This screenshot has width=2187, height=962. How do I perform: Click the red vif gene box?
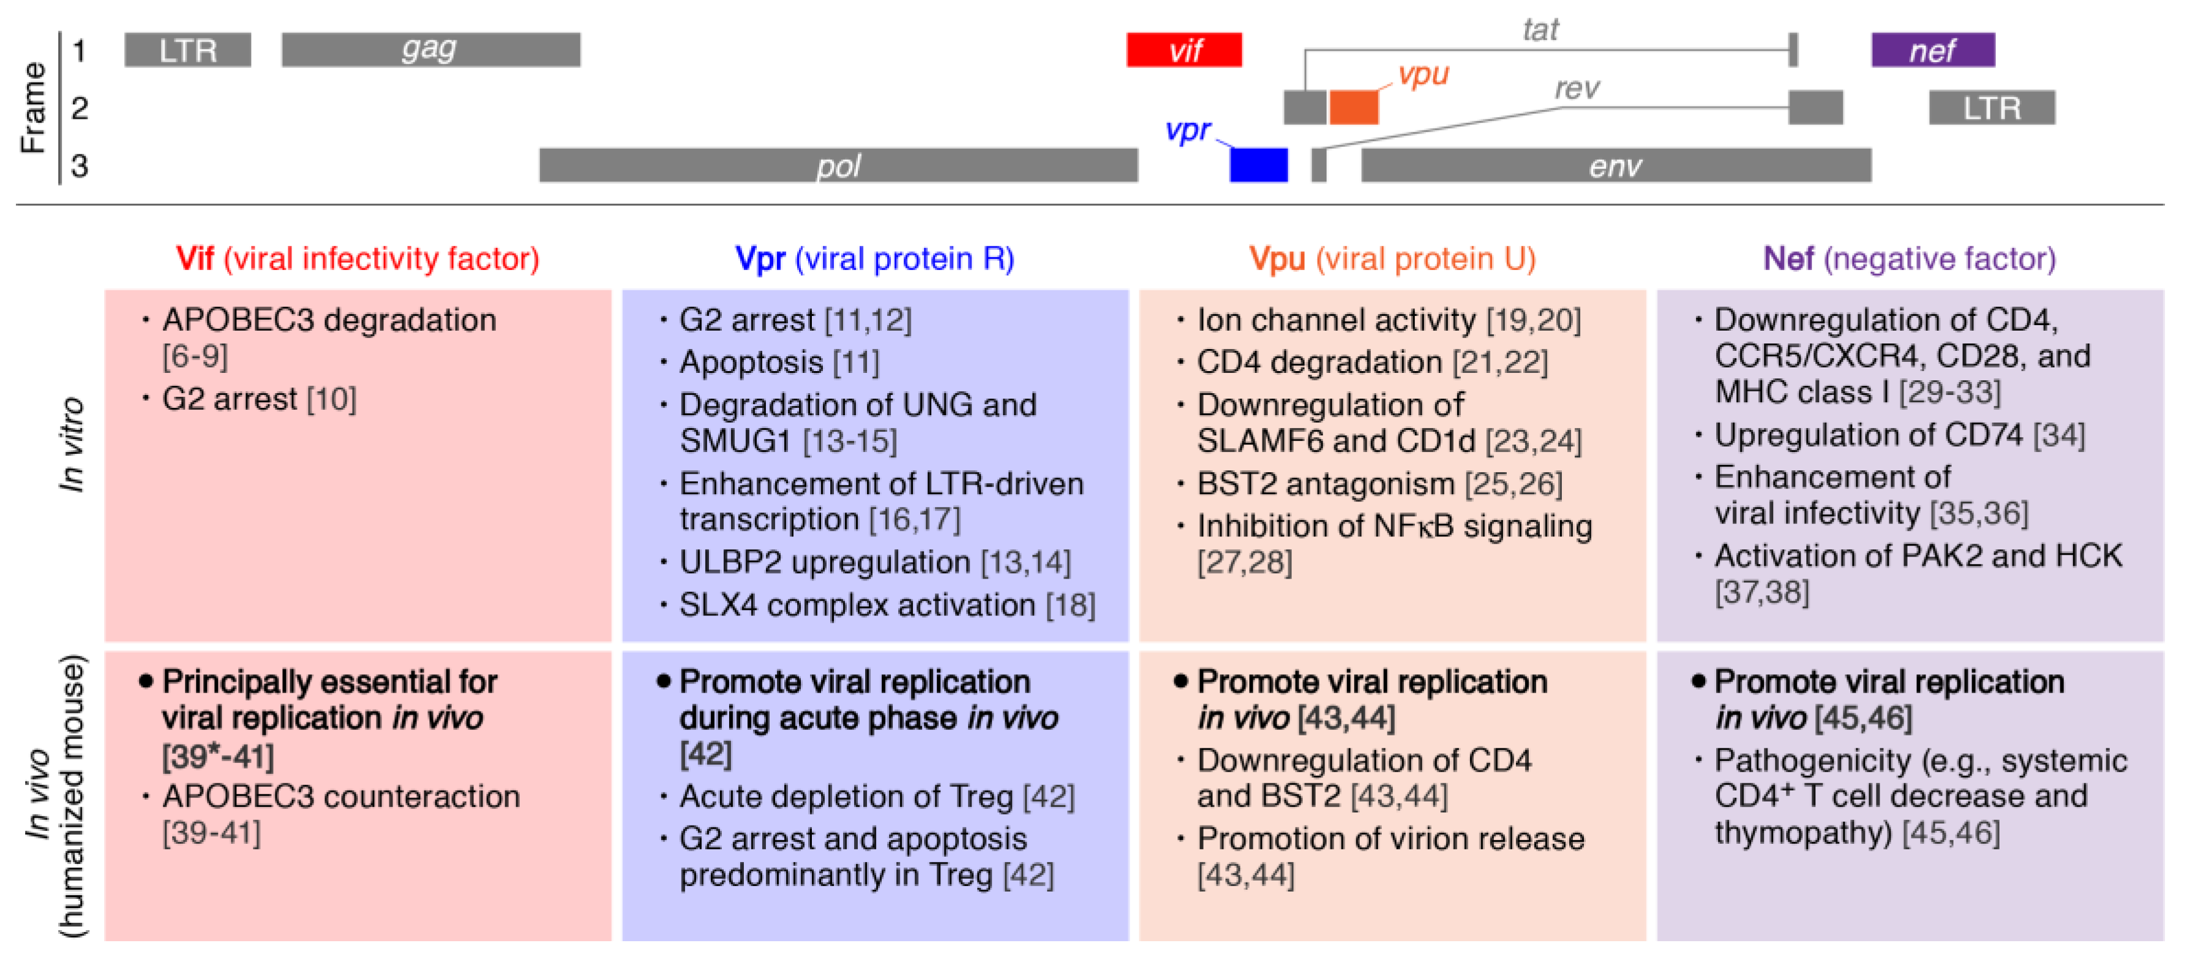(x=1184, y=50)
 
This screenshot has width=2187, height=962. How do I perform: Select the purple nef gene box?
(x=1932, y=50)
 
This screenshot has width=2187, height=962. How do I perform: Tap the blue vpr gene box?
(x=1258, y=165)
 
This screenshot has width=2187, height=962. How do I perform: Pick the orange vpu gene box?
(x=1353, y=108)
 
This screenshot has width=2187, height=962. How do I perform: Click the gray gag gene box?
(x=430, y=50)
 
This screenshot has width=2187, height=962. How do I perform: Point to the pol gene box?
(x=838, y=165)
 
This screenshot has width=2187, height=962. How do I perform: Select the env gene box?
(x=1616, y=165)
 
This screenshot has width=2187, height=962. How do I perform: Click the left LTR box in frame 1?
(x=187, y=50)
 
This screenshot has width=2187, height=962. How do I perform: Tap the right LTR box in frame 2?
(x=1992, y=108)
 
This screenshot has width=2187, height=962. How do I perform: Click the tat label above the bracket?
(x=1540, y=30)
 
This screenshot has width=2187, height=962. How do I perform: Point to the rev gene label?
(x=1577, y=88)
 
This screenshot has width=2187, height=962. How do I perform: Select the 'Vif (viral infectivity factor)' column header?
(x=358, y=258)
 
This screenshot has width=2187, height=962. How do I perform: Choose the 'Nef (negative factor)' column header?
(x=1910, y=258)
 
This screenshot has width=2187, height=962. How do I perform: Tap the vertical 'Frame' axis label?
(x=33, y=108)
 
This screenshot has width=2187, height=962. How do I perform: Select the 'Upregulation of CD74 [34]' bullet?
(x=1899, y=435)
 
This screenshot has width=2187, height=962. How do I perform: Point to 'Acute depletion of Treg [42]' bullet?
(x=877, y=797)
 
